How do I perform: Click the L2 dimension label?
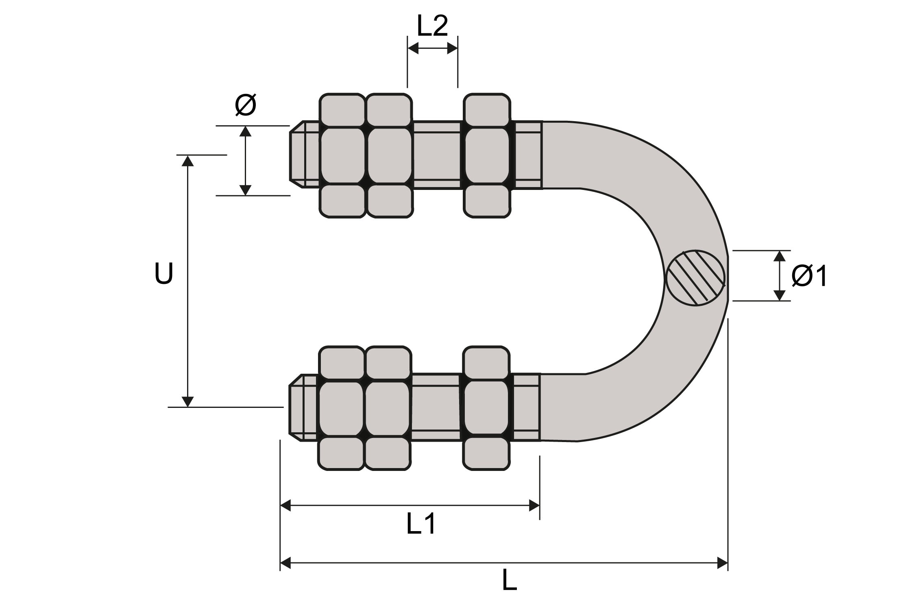tap(432, 26)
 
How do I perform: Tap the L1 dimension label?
tap(421, 524)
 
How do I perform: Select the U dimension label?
tap(164, 273)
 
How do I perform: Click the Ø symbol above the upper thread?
tap(246, 105)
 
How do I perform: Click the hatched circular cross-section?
tap(696, 278)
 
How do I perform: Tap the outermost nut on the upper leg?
tap(342, 156)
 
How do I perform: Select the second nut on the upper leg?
tap(389, 156)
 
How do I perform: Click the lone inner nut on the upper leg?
tap(487, 156)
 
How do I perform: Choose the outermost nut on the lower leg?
tap(341, 408)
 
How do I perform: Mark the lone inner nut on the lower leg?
tap(486, 408)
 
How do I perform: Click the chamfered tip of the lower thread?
tap(296, 407)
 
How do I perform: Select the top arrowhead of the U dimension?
tap(187, 161)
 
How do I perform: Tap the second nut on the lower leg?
tap(388, 408)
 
